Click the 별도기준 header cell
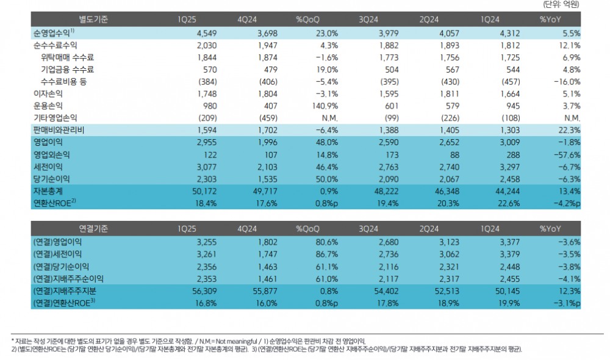[94, 20]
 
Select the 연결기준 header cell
[94, 229]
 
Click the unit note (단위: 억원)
[561, 5]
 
